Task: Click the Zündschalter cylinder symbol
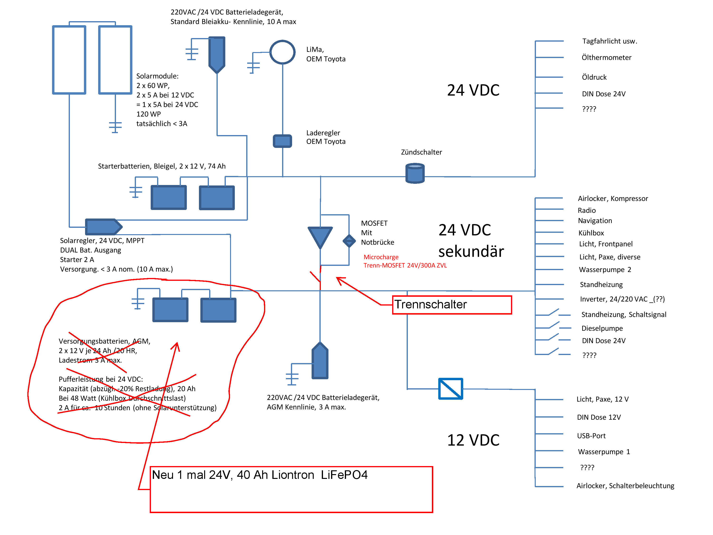(x=414, y=174)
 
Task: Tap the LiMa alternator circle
(x=282, y=52)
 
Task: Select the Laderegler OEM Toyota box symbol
(x=282, y=141)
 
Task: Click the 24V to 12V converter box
(x=450, y=389)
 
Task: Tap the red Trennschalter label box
(x=452, y=304)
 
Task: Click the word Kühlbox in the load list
(x=591, y=233)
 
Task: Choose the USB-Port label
(x=591, y=436)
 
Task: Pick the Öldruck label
(x=594, y=77)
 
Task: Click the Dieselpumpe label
(x=602, y=328)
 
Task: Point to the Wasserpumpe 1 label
(x=604, y=452)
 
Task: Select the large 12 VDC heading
(x=473, y=440)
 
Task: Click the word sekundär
(x=471, y=252)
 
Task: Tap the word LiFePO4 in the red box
(x=344, y=475)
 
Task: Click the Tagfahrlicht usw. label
(x=609, y=41)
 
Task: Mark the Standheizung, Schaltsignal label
(x=623, y=314)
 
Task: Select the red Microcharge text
(x=381, y=257)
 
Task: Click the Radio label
(x=587, y=210)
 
